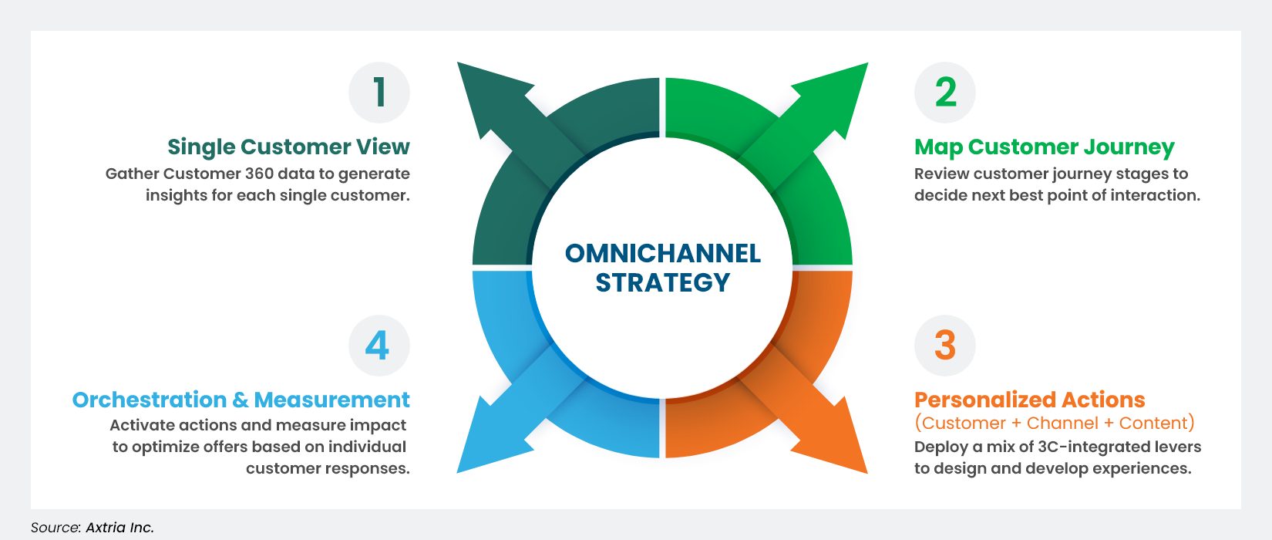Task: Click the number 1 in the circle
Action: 379,93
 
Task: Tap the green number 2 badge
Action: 945,93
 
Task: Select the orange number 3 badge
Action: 945,345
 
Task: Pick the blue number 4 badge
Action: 378,345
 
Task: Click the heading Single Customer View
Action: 288,147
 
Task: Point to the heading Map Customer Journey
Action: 1044,147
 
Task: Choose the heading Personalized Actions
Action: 1029,400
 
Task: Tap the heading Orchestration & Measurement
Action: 241,400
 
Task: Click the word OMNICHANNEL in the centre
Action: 662,253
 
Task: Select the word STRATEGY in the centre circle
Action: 662,283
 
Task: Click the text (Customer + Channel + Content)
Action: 1054,423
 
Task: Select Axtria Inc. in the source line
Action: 119,528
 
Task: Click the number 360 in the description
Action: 259,174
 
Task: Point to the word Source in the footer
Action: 56,528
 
